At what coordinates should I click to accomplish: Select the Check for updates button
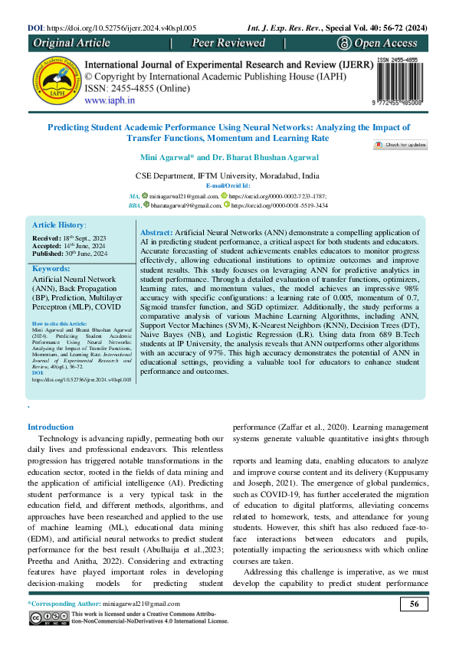(x=400, y=144)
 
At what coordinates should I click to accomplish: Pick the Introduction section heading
(x=51, y=427)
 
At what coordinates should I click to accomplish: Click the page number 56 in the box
(x=414, y=605)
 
